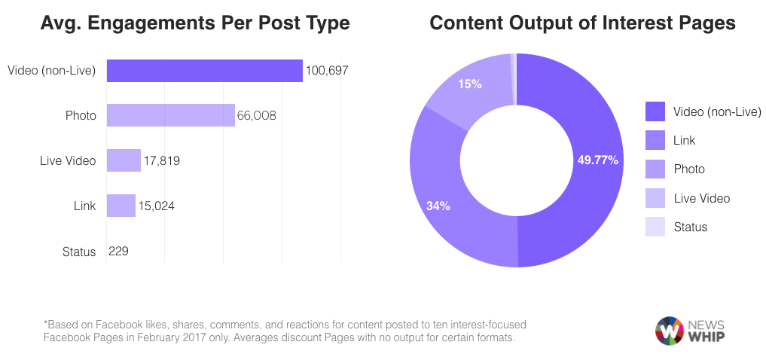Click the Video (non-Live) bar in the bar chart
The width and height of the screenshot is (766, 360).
204,71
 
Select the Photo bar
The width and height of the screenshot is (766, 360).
170,115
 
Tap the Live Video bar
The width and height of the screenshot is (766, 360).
124,160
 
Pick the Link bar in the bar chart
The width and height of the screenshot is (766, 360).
121,206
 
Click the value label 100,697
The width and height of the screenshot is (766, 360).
327,71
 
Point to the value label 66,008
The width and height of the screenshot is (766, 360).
257,116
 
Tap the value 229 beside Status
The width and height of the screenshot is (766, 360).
119,251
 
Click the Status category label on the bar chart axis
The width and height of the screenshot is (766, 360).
79,252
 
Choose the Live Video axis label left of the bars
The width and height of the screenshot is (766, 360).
68,161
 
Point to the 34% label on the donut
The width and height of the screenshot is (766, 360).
438,206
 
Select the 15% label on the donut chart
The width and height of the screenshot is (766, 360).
469,84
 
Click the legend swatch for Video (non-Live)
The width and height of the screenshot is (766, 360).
655,111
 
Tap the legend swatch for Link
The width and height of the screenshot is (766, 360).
655,140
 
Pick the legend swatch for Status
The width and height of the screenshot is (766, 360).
655,227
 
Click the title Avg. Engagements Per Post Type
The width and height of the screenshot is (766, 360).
194,23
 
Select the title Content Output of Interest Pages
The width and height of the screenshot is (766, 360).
582,23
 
